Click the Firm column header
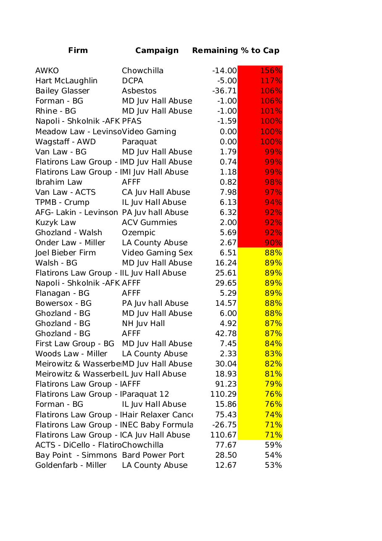point(78,50)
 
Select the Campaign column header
point(157,50)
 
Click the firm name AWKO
point(47,71)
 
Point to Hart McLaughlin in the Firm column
point(66,81)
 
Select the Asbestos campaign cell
point(139,91)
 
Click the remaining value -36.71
point(224,91)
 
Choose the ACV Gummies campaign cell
point(150,223)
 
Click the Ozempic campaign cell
point(139,233)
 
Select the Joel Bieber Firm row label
point(66,253)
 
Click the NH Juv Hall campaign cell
point(143,324)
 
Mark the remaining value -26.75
point(224,424)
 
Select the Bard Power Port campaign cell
point(153,455)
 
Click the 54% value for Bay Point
point(273,455)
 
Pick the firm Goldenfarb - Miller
point(71,465)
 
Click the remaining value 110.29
point(224,394)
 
